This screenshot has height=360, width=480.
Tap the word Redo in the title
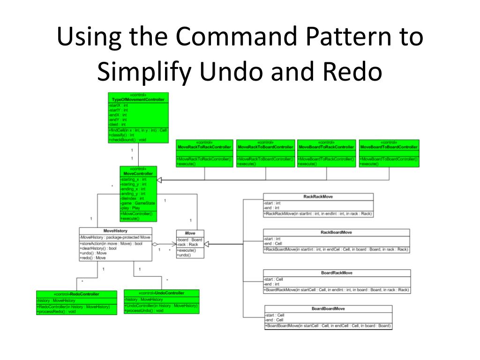(353, 72)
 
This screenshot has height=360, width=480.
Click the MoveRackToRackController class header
(204, 147)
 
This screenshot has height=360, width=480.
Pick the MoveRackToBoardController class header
(265, 147)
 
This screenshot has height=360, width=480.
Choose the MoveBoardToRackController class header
(326, 147)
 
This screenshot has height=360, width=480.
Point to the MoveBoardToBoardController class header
(388, 147)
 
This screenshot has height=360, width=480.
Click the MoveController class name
(138, 173)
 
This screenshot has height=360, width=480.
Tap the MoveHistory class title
(115, 231)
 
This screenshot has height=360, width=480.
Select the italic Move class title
(190, 233)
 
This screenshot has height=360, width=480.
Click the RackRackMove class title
(318, 197)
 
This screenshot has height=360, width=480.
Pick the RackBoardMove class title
(336, 232)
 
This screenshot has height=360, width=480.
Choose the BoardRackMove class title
(337, 273)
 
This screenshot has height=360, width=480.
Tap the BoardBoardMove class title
(328, 308)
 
